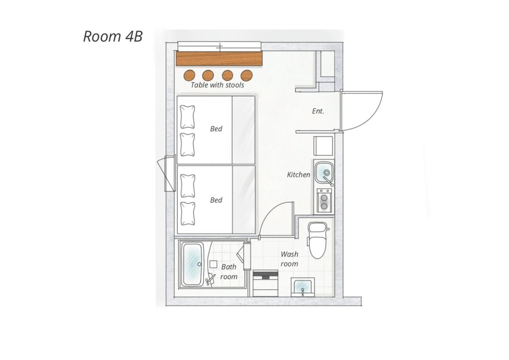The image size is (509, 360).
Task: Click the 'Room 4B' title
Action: [x=113, y=36]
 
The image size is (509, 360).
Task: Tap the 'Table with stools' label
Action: [x=217, y=85]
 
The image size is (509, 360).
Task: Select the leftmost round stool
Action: [x=189, y=75]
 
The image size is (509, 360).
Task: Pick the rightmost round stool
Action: [x=247, y=76]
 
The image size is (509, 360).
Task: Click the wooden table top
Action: [x=219, y=59]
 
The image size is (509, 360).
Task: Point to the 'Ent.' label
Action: [x=318, y=111]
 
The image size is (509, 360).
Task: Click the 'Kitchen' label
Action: [x=298, y=175]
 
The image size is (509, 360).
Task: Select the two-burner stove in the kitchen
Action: [x=324, y=201]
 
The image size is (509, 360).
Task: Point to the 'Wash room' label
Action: [x=289, y=259]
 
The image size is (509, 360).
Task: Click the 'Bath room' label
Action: [x=229, y=272]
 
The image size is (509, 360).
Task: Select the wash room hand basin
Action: [x=302, y=287]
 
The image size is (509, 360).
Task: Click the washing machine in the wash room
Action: [x=265, y=283]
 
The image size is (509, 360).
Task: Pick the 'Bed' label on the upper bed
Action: [x=216, y=129]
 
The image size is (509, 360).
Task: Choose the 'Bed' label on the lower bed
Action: [x=216, y=200]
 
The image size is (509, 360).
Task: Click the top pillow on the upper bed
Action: [x=188, y=117]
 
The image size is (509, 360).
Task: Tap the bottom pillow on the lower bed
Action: [x=188, y=214]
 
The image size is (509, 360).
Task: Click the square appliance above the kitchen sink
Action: [x=323, y=146]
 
